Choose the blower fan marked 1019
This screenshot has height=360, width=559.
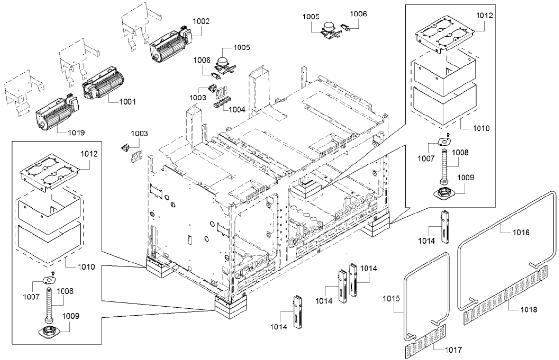(x=56, y=113)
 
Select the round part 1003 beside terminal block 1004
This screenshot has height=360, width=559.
(x=212, y=87)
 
